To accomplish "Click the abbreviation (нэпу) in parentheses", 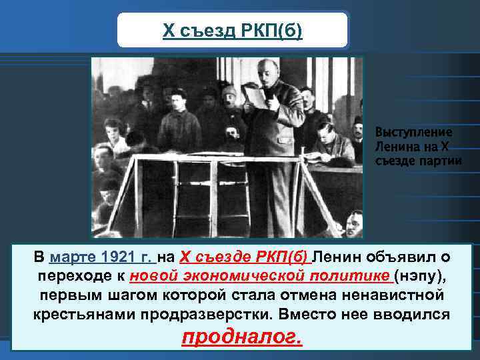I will (x=418, y=276).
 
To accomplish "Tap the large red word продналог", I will (x=241, y=339).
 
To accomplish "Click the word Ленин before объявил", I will (x=337, y=257).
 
